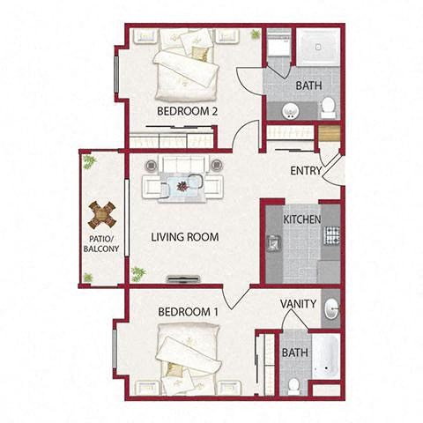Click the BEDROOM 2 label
coord(187,111)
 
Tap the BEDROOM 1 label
coord(188,312)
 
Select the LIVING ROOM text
coord(185,237)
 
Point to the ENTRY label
coord(306,171)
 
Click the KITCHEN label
coord(301,219)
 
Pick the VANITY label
coord(298,304)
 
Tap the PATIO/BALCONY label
coord(101,243)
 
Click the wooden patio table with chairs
coord(102,215)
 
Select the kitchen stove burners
coord(331,235)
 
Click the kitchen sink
coord(274,243)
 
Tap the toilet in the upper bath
coord(328,108)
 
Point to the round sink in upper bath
coord(291,111)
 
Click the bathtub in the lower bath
coord(326,357)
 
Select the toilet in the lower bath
coord(293,387)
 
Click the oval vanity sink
coord(331,308)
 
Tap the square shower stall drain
coord(317,47)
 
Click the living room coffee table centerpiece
coord(182,186)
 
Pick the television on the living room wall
coord(183,278)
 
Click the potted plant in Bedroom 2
coord(255,34)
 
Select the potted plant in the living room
coord(138,274)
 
